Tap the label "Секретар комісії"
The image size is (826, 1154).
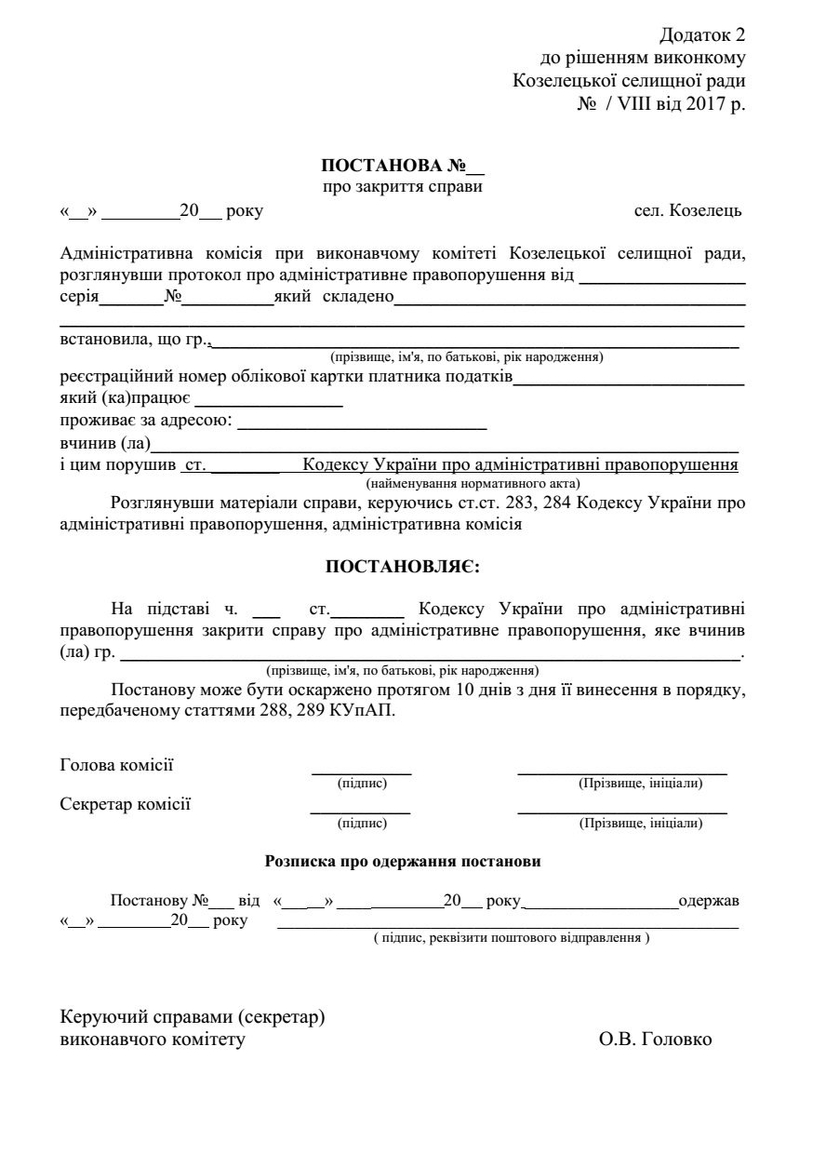[x=125, y=804]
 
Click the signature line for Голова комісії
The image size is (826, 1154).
[x=361, y=772]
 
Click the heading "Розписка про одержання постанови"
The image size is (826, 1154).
[x=404, y=862]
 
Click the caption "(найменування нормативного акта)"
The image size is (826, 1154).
[x=473, y=483]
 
